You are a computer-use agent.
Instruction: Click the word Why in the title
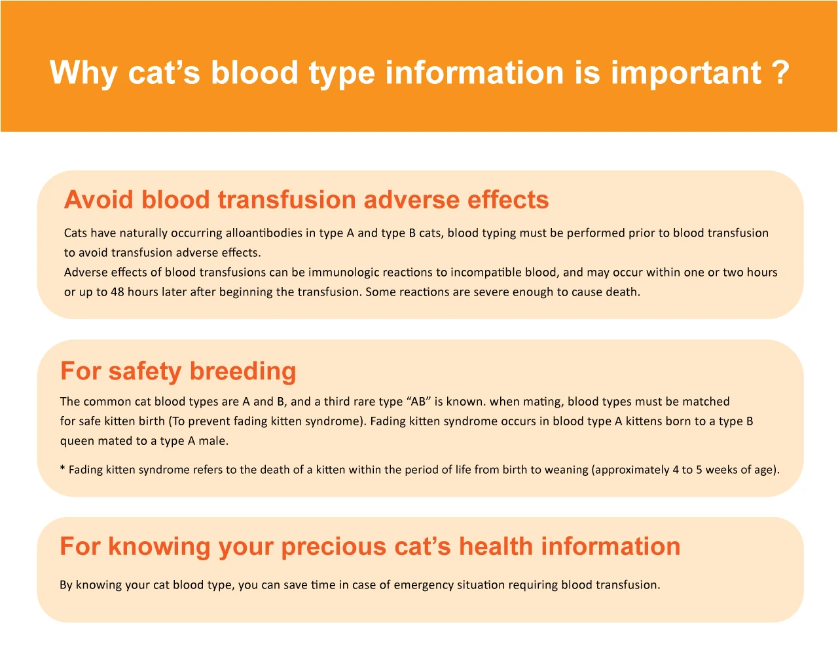(83, 72)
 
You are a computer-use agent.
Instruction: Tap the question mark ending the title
(778, 72)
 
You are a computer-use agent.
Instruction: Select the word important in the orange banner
(686, 72)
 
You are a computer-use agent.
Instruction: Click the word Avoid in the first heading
(98, 200)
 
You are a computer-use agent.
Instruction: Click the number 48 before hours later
(117, 292)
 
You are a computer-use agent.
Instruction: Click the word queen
(77, 441)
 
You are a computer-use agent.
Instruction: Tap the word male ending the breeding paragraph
(213, 441)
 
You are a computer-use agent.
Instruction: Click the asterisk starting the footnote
(62, 469)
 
